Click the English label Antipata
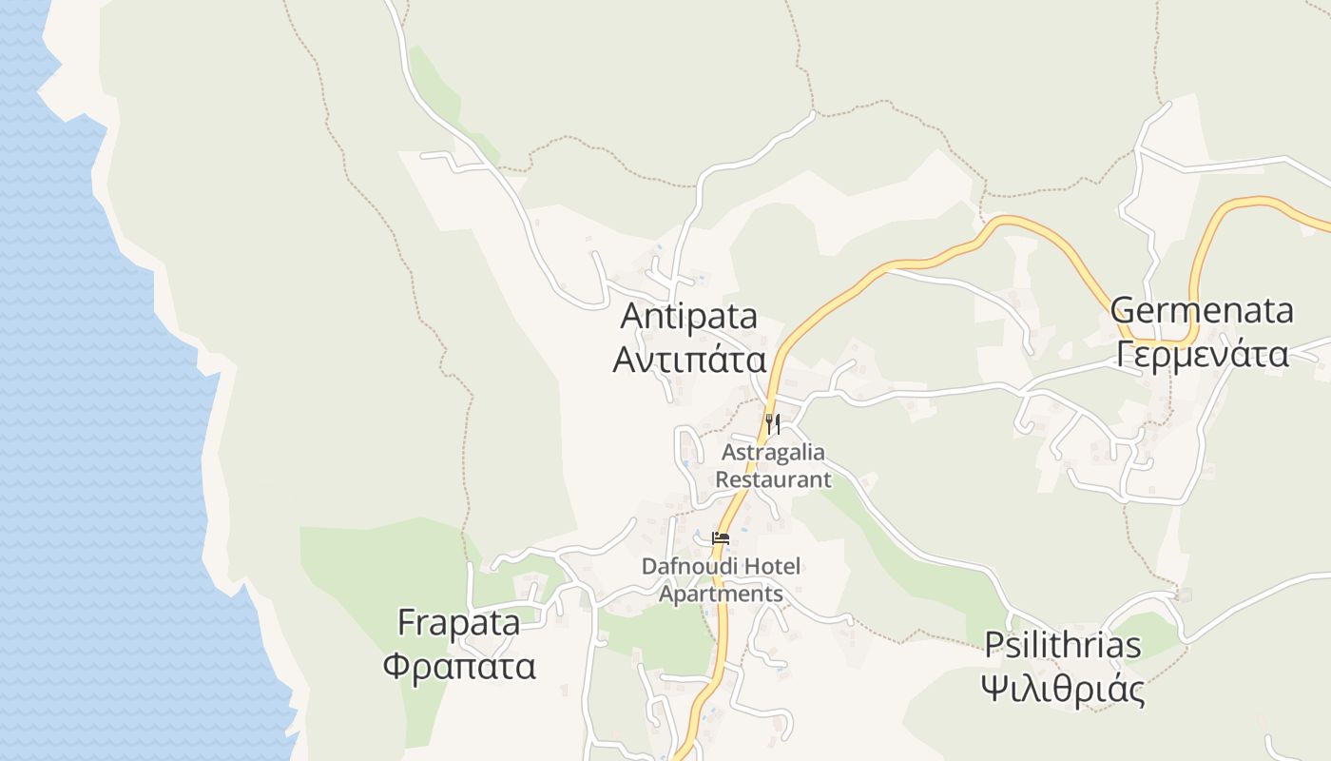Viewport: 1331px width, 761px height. click(689, 317)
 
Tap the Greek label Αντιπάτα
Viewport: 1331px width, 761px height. click(689, 360)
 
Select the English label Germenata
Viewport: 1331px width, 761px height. click(1202, 311)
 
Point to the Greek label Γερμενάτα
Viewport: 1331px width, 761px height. click(1202, 355)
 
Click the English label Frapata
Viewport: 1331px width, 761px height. click(458, 624)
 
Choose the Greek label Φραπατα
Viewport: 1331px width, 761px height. click(459, 666)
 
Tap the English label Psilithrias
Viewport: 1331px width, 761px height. click(1062, 645)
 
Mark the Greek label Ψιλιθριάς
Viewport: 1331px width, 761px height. click(1062, 688)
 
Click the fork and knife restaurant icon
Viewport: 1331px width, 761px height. click(772, 422)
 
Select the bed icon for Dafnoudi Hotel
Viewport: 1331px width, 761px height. click(721, 539)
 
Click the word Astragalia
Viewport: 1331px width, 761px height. click(773, 452)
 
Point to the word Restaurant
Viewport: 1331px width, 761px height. click(773, 479)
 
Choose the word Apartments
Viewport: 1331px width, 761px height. click(721, 595)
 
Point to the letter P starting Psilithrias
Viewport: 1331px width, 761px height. click(993, 645)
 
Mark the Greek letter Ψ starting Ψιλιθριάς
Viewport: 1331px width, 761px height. click(995, 688)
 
